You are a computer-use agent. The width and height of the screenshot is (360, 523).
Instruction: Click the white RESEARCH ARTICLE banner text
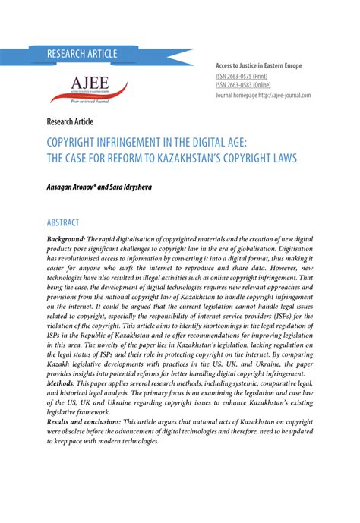point(82,54)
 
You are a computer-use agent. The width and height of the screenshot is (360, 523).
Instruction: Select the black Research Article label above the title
point(69,121)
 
